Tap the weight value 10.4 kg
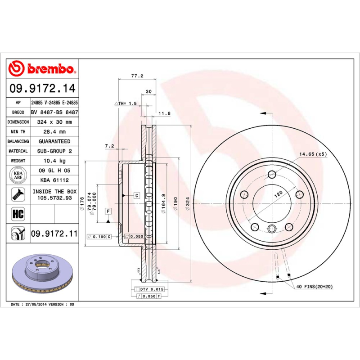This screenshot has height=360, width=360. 55,161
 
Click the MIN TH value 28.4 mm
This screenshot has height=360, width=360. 55,132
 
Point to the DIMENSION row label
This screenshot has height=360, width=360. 18,122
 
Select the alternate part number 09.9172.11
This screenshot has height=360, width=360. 54,234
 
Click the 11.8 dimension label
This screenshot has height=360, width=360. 165,113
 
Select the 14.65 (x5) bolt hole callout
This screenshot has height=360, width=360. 313,154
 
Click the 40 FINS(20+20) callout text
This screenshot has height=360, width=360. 314,287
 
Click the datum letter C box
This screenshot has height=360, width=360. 136,195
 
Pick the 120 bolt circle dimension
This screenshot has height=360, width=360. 279,193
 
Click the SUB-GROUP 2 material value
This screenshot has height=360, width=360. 55,151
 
